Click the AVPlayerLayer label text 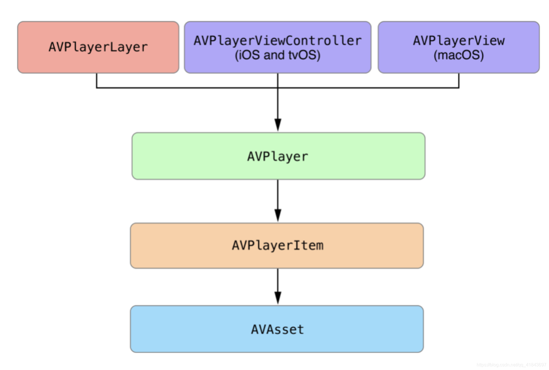point(98,47)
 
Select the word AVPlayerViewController point(277,41)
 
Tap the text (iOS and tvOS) point(277,55)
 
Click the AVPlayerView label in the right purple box point(459,41)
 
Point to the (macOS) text point(459,55)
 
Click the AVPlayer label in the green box point(278,156)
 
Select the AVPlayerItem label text point(277,245)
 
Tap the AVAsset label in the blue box point(277,329)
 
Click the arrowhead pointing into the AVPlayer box point(278,125)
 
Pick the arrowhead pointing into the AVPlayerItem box point(278,215)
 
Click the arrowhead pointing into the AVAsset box point(278,298)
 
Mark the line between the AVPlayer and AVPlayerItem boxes point(278,194)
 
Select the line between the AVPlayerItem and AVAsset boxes point(278,280)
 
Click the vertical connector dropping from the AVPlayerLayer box point(97,81)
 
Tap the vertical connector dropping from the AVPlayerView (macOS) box point(459,81)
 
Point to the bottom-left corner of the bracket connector point(97,87)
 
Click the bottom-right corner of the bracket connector point(459,87)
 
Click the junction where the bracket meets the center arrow point(278,87)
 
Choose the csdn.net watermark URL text point(511,365)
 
